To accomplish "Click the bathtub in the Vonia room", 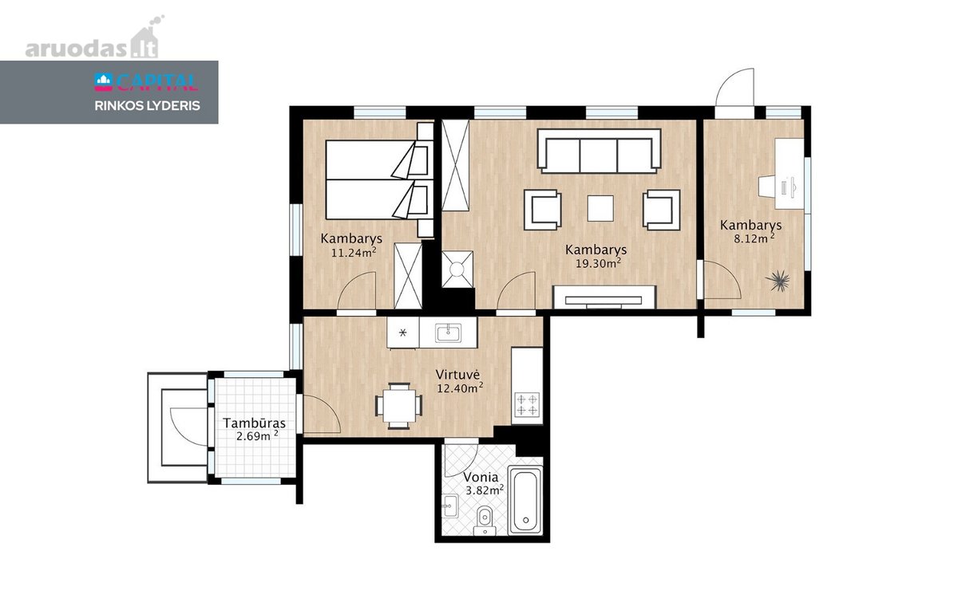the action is click(x=525, y=500).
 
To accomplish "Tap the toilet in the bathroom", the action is click(x=485, y=521).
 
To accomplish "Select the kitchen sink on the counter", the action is click(x=448, y=333).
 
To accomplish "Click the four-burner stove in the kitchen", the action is click(x=527, y=405).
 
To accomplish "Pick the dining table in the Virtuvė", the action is click(x=398, y=405).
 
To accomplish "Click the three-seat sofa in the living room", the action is click(x=600, y=151).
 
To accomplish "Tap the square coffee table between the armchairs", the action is click(x=600, y=208).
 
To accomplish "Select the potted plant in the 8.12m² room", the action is click(x=778, y=281).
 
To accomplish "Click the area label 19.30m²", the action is click(x=598, y=263).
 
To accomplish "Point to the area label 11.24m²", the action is click(x=354, y=253).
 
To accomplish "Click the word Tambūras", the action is click(x=254, y=423).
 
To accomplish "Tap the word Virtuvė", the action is click(x=457, y=375).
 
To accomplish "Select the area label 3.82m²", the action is click(x=484, y=490).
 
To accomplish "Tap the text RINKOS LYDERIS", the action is click(x=147, y=106).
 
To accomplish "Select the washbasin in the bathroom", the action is click(x=450, y=506).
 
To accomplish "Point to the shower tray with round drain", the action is click(x=457, y=269).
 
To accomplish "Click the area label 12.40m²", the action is click(x=460, y=388).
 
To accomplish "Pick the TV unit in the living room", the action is click(x=604, y=297).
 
